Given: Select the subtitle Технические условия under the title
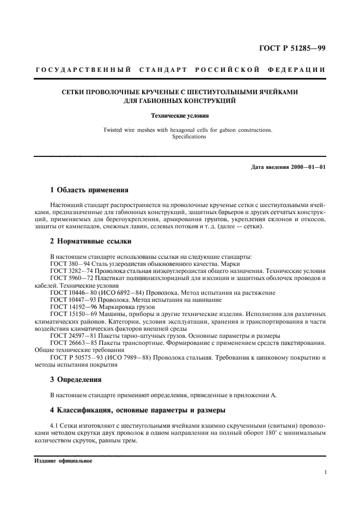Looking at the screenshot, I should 180,116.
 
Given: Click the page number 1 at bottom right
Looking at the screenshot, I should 325,473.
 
